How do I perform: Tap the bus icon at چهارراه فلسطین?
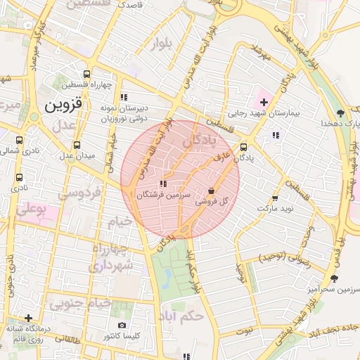pos(86,74)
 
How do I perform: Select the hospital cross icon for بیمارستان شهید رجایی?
pos(264,103)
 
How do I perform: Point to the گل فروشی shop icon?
pos(212,191)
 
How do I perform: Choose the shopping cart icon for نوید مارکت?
pos(274,199)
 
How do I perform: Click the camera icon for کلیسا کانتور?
pos(122,326)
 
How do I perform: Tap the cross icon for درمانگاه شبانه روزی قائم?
pos(28,318)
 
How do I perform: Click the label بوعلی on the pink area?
pos(32,209)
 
